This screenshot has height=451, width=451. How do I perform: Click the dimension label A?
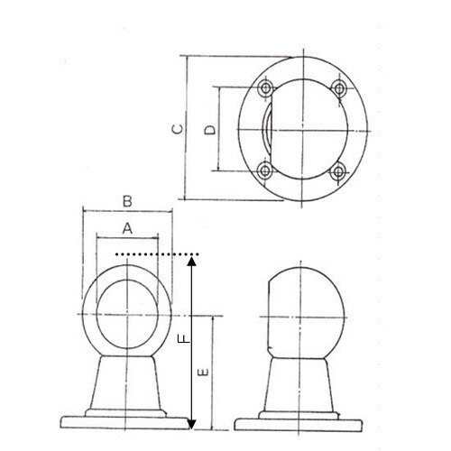coord(127,229)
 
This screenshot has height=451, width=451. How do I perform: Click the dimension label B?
coord(127,200)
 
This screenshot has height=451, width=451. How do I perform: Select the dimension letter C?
coord(178,129)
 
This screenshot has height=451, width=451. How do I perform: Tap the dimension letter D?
coord(208,130)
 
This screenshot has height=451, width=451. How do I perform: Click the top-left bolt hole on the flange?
coord(266,87)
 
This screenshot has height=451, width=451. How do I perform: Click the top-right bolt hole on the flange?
coord(338,87)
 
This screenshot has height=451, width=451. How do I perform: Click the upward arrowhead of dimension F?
coord(191,262)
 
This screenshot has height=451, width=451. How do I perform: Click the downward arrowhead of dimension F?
coord(191,423)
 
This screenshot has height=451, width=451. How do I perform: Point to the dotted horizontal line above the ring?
coord(153,255)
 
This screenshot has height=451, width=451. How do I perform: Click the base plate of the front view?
coord(127,420)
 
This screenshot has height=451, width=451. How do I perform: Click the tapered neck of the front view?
coord(127,383)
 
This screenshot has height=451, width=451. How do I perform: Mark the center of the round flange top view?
coord(302,130)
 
